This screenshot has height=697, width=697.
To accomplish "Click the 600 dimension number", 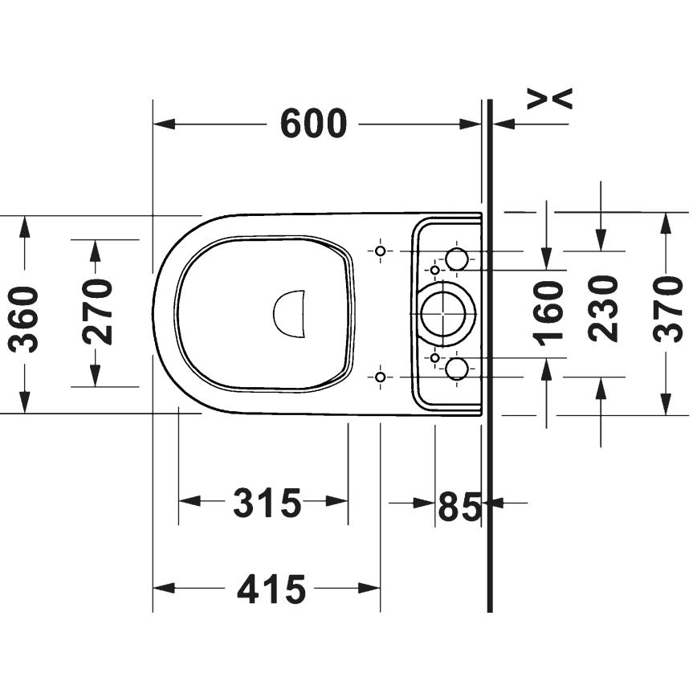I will point(313,124).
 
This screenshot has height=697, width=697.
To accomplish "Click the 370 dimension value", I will point(668,308).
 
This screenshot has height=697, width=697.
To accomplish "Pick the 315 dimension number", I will point(267,503).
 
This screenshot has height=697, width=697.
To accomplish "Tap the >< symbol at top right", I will point(550,98).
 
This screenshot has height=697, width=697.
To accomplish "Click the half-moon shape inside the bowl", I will point(290,312).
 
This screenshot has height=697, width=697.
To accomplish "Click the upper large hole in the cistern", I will point(456,258).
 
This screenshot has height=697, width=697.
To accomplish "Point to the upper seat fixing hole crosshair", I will point(381,251).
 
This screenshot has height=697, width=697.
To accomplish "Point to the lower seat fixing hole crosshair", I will point(381,376).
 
